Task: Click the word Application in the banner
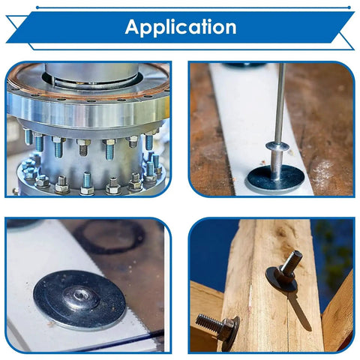click(x=181, y=27)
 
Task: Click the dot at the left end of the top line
click(x=37, y=7)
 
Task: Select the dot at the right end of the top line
click(x=349, y=7)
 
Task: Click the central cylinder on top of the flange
click(x=91, y=73)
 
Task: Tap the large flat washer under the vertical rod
click(x=276, y=179)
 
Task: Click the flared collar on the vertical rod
click(x=277, y=145)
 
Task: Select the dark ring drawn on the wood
click(x=110, y=236)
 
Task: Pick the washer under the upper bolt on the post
click(x=281, y=280)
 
